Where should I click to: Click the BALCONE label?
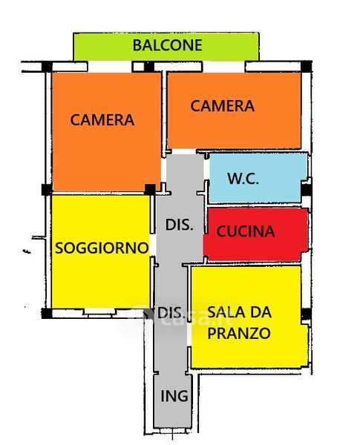click(x=167, y=45)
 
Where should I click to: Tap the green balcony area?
click(x=166, y=47)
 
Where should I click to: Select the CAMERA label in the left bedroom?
click(x=102, y=119)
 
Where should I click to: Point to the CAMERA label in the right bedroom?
click(x=222, y=106)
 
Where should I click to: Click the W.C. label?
click(x=243, y=179)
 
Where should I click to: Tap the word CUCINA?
click(x=246, y=231)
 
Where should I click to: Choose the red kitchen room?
click(x=255, y=234)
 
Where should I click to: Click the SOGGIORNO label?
click(x=102, y=248)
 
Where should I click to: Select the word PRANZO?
click(x=239, y=333)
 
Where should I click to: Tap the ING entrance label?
click(x=174, y=396)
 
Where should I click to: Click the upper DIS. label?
click(x=180, y=225)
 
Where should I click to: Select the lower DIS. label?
click(x=170, y=313)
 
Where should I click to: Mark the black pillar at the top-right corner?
click(x=307, y=67)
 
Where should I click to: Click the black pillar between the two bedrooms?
click(x=149, y=67)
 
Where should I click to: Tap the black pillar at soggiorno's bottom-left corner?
click(x=47, y=313)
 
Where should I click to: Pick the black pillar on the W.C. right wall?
click(x=307, y=190)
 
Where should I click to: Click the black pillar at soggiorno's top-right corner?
click(x=150, y=189)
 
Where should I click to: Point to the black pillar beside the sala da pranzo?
click(x=306, y=314)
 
